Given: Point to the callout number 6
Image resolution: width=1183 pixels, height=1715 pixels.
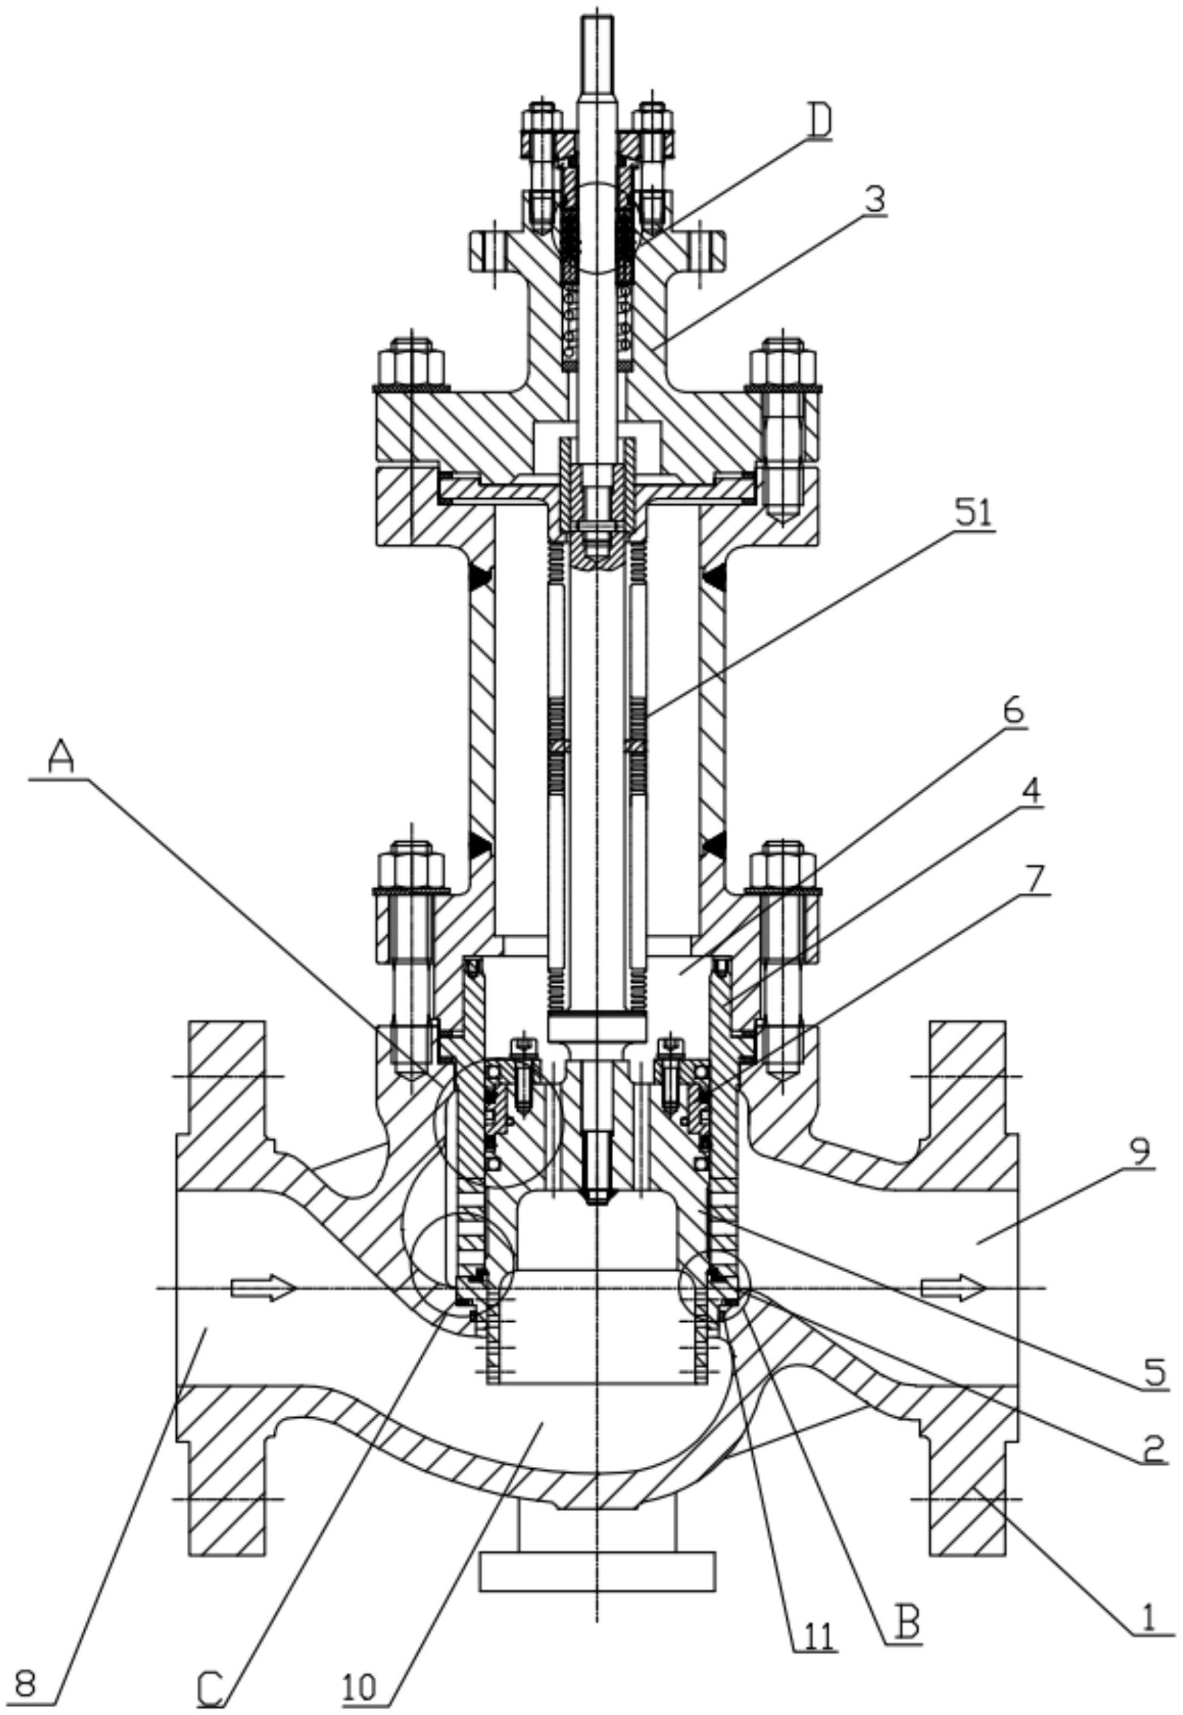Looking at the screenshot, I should (x=1013, y=711).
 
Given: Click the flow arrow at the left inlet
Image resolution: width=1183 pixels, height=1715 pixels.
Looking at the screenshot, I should (x=263, y=1288).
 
